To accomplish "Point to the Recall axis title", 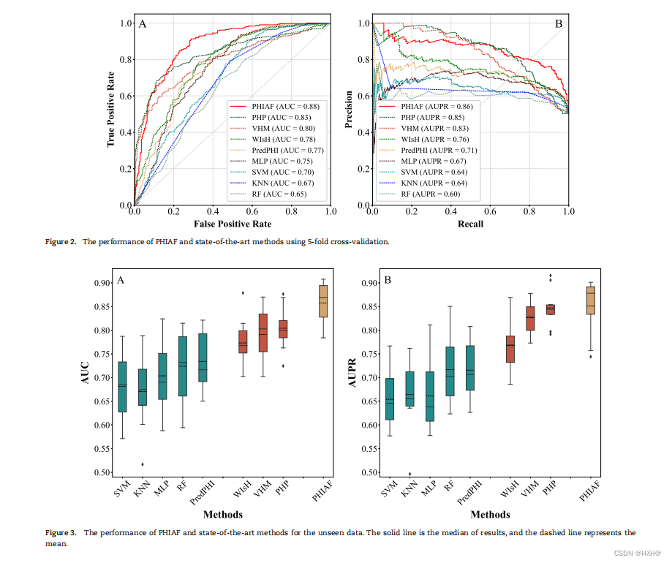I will coord(471,224).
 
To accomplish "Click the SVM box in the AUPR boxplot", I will coord(389,398).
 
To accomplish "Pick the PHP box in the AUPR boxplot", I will coord(545,309).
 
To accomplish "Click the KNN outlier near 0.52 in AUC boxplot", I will coord(143,464).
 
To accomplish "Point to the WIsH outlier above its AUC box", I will coord(243,293).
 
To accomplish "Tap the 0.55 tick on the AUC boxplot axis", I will coord(102,449).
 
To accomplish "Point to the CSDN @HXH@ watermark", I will coord(637,553).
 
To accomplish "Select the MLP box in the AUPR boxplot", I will coord(429,396).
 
